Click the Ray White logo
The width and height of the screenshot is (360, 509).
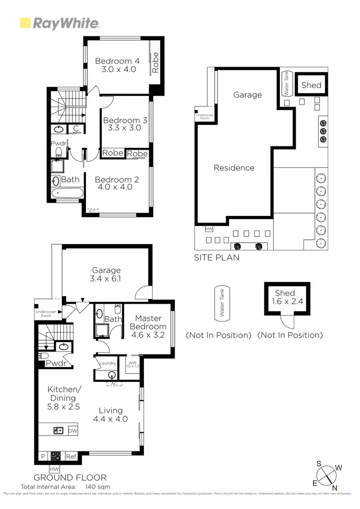tap(59, 23)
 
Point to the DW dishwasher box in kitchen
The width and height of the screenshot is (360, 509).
tap(72, 430)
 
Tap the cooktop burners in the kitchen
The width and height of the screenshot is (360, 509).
tap(56, 457)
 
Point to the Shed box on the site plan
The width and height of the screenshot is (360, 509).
tap(311, 85)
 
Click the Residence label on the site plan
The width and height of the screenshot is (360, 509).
tap(234, 168)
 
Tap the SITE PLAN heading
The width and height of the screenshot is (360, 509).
tap(216, 258)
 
